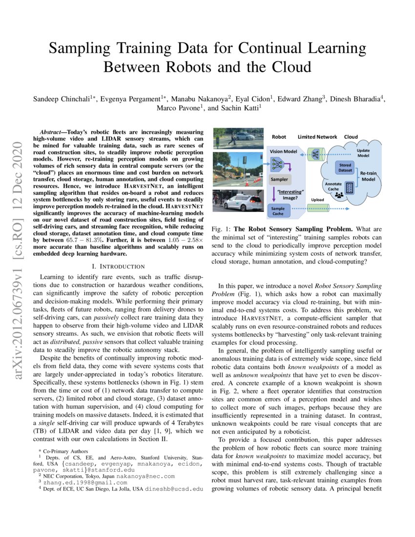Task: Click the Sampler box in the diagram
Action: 279,179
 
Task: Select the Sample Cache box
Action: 277,210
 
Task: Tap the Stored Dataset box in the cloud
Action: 345,167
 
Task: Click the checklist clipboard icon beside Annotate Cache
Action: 349,187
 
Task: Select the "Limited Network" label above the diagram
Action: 317,137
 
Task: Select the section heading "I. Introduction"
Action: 121,266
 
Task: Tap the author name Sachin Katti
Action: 233,108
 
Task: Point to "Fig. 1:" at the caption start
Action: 221,229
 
